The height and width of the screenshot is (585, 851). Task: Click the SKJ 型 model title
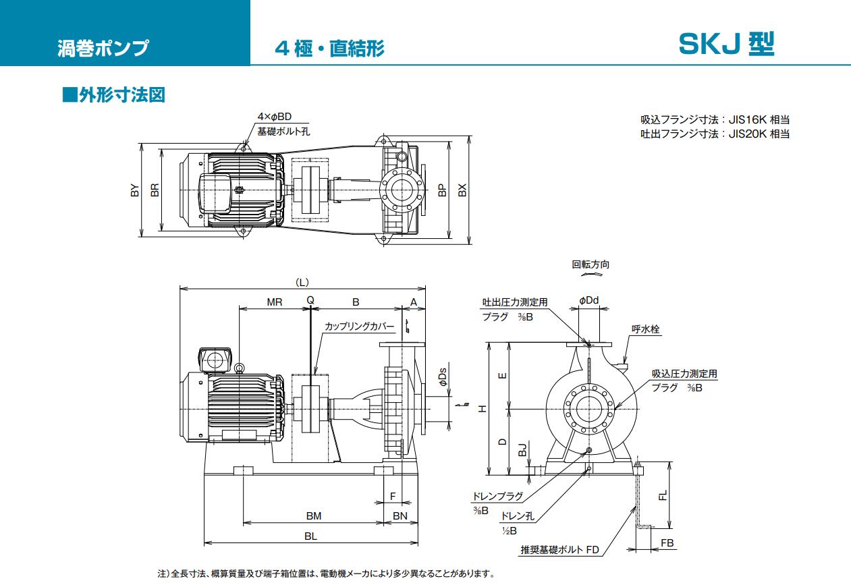click(726, 45)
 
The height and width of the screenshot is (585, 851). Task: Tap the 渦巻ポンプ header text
click(103, 49)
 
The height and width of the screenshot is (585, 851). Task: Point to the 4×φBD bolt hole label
click(275, 117)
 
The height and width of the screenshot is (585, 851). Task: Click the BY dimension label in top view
click(135, 191)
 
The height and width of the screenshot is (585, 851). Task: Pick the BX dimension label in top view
click(462, 191)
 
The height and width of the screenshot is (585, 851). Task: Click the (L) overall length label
click(302, 281)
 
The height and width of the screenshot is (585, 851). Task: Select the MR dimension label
click(274, 302)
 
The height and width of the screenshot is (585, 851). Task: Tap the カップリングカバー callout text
click(359, 326)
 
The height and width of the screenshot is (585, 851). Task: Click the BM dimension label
click(313, 516)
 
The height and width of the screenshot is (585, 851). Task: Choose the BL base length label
click(310, 536)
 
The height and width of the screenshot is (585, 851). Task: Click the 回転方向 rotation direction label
click(591, 264)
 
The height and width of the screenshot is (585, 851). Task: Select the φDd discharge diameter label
click(588, 300)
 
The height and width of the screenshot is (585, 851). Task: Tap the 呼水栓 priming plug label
click(645, 329)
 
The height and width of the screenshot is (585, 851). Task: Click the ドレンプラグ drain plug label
click(498, 496)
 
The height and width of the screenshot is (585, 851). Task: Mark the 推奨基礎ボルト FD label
click(559, 550)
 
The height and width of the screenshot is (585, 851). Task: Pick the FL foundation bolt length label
click(663, 496)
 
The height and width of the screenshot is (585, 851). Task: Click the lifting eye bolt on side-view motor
click(239, 367)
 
